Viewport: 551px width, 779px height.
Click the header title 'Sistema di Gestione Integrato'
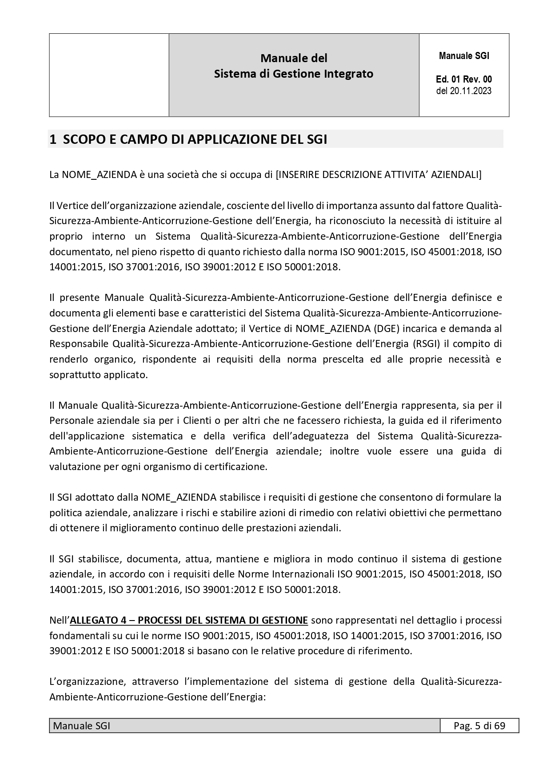[293, 74]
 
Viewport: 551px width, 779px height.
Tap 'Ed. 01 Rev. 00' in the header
[464, 79]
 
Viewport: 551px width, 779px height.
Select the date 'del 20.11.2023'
[464, 91]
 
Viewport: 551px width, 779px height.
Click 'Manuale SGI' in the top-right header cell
[464, 56]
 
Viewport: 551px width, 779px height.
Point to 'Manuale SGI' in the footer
[82, 726]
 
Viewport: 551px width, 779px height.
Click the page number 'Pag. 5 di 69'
[479, 726]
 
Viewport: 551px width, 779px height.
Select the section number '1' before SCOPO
[52, 139]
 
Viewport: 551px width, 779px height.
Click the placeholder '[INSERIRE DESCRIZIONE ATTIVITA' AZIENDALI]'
[379, 174]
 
